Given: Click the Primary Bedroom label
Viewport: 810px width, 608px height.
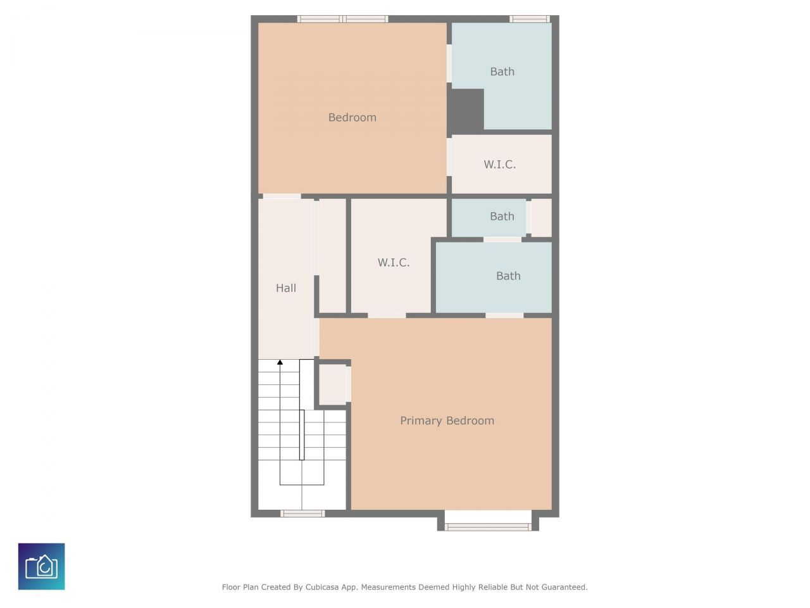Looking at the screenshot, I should click(447, 421).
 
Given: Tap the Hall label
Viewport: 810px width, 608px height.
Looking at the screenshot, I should click(286, 288).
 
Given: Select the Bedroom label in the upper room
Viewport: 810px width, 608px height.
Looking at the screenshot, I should click(352, 117).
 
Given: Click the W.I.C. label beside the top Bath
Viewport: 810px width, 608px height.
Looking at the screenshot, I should click(499, 165).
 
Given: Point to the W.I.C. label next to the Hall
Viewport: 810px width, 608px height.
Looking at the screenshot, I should click(394, 262).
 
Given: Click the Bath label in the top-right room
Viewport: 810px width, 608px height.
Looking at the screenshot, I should click(502, 72).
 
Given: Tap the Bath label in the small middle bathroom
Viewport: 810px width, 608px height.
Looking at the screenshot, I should click(502, 217).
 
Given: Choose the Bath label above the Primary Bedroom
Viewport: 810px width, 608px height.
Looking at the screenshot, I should click(508, 276).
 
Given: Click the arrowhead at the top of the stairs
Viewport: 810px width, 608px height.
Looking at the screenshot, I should click(280, 362).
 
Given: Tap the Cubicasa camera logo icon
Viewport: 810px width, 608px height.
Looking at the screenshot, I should click(42, 566).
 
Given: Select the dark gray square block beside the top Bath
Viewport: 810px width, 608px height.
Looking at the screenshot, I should click(467, 110).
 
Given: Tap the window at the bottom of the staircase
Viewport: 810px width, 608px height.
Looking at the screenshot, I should click(302, 513).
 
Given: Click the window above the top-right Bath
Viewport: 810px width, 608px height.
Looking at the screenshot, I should click(530, 19).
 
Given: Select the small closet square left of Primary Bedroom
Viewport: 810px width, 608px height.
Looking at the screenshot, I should click(332, 384).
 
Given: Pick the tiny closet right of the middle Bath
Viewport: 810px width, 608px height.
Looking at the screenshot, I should click(541, 218).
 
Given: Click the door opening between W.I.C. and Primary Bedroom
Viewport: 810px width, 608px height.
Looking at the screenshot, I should click(387, 315).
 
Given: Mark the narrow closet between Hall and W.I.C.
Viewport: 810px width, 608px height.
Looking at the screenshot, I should click(332, 255).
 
